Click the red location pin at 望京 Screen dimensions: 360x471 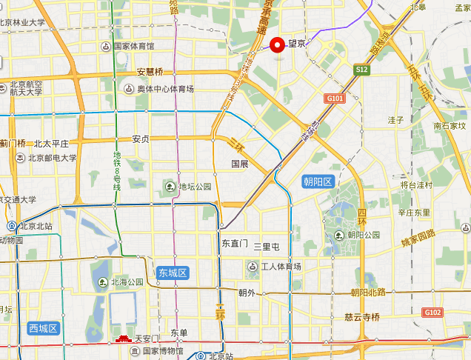(x=278, y=45)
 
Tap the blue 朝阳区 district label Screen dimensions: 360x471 (x=319, y=181)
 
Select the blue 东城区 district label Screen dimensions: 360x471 (x=173, y=273)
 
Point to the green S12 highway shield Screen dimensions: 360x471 (x=361, y=69)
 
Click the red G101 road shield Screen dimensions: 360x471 (x=335, y=98)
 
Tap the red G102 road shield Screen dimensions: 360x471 (x=432, y=313)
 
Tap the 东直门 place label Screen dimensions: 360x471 (x=235, y=243)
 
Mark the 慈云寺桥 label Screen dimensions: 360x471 (x=362, y=317)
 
